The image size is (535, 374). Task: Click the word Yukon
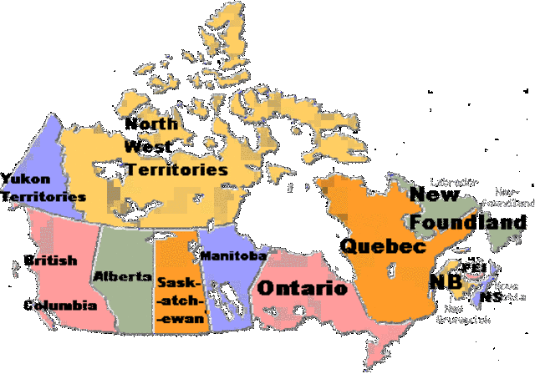[x=25, y=179]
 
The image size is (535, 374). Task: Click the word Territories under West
[x=176, y=169]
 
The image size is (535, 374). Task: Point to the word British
[x=50, y=260]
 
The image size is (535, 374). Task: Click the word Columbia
[x=59, y=306]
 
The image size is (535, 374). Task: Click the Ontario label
[x=301, y=289]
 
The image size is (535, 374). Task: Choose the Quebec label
[x=382, y=246]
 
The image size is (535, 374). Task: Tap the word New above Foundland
[x=434, y=195]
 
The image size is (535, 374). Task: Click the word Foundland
[x=468, y=223]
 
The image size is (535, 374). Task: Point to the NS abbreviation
[x=491, y=296]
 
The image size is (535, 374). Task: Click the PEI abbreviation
[x=479, y=267]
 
